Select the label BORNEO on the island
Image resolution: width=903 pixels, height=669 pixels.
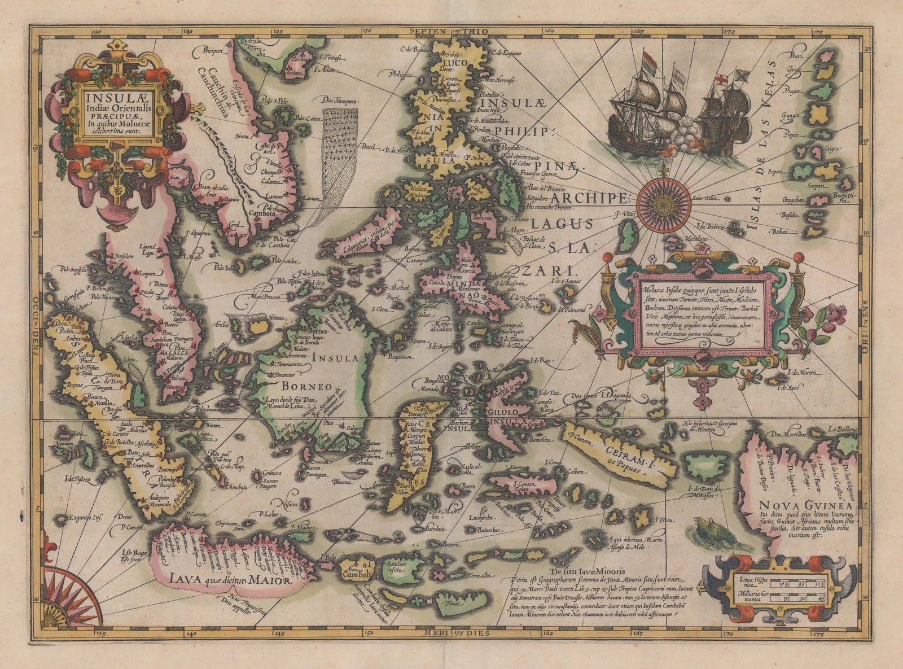[x=299, y=387]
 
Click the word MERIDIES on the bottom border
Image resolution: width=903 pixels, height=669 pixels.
[x=451, y=633]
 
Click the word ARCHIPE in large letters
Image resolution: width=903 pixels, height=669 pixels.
[x=589, y=199]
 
